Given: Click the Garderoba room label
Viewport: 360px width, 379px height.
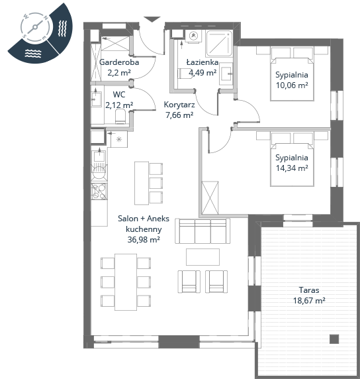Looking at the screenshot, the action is [x=119, y=62].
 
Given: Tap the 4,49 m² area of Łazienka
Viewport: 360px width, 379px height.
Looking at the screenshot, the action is [x=202, y=72].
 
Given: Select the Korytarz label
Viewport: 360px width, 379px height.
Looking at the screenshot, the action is [x=179, y=105].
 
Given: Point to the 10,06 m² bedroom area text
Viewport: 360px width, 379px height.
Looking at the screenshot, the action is [x=292, y=85].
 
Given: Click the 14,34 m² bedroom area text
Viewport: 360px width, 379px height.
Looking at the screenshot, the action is [x=292, y=168].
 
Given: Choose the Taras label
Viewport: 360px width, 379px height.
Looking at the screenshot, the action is [x=309, y=290].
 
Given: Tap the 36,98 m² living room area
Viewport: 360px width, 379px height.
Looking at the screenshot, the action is [x=144, y=240].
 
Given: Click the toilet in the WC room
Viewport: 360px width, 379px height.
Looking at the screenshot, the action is [x=120, y=116].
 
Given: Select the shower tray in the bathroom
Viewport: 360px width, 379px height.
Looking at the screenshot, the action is [x=219, y=44].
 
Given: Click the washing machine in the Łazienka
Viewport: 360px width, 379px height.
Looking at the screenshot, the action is [x=193, y=36].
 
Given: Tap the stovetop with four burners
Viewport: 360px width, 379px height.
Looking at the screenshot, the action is [x=99, y=191].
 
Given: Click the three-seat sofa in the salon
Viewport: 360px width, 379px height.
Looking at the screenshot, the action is [x=202, y=231].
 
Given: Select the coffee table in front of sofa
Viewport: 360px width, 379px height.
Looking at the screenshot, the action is [x=202, y=257].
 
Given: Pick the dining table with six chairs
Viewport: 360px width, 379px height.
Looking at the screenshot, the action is [x=126, y=282].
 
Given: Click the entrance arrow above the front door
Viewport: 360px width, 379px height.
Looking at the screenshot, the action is [x=152, y=19].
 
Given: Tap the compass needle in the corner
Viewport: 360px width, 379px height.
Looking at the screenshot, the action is [x=35, y=27].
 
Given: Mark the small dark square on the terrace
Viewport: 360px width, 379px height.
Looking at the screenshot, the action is [x=334, y=339].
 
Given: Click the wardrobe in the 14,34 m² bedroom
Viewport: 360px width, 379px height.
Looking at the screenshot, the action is [x=210, y=197].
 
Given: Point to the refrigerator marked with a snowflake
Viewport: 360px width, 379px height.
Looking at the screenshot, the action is [x=119, y=139].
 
